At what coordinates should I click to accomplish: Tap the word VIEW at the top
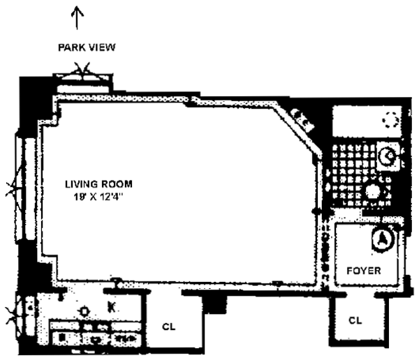click(x=102, y=47)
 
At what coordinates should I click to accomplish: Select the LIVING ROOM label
click(x=98, y=184)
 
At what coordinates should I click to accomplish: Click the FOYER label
click(x=364, y=271)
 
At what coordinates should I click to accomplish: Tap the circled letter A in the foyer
click(x=382, y=239)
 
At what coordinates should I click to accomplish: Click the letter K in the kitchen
click(x=110, y=306)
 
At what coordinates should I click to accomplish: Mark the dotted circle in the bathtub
click(x=389, y=121)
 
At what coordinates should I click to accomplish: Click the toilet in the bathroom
click(x=387, y=158)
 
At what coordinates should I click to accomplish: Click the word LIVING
click(x=80, y=184)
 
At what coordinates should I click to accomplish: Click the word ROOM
click(x=117, y=184)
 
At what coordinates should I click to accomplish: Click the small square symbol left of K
click(x=84, y=310)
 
